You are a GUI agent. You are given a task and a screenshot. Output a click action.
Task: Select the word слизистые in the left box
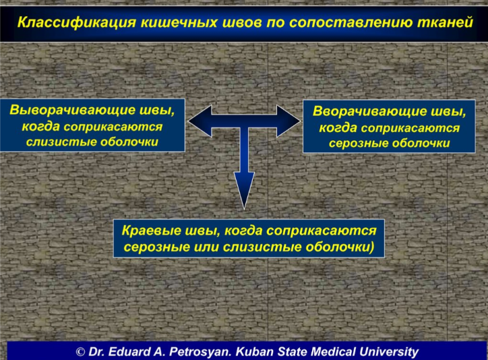(61, 142)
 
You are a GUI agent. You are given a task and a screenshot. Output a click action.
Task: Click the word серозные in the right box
(359, 143)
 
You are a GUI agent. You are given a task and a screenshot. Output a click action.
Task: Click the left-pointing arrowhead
(200, 121)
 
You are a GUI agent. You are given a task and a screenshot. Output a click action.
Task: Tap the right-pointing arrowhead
(288, 121)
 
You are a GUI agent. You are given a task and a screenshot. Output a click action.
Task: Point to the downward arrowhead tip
(244, 209)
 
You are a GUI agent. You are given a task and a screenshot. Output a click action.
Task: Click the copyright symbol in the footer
(80, 352)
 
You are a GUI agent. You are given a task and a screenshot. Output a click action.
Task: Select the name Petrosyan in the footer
(200, 352)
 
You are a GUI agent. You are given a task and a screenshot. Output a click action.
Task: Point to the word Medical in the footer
(333, 351)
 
